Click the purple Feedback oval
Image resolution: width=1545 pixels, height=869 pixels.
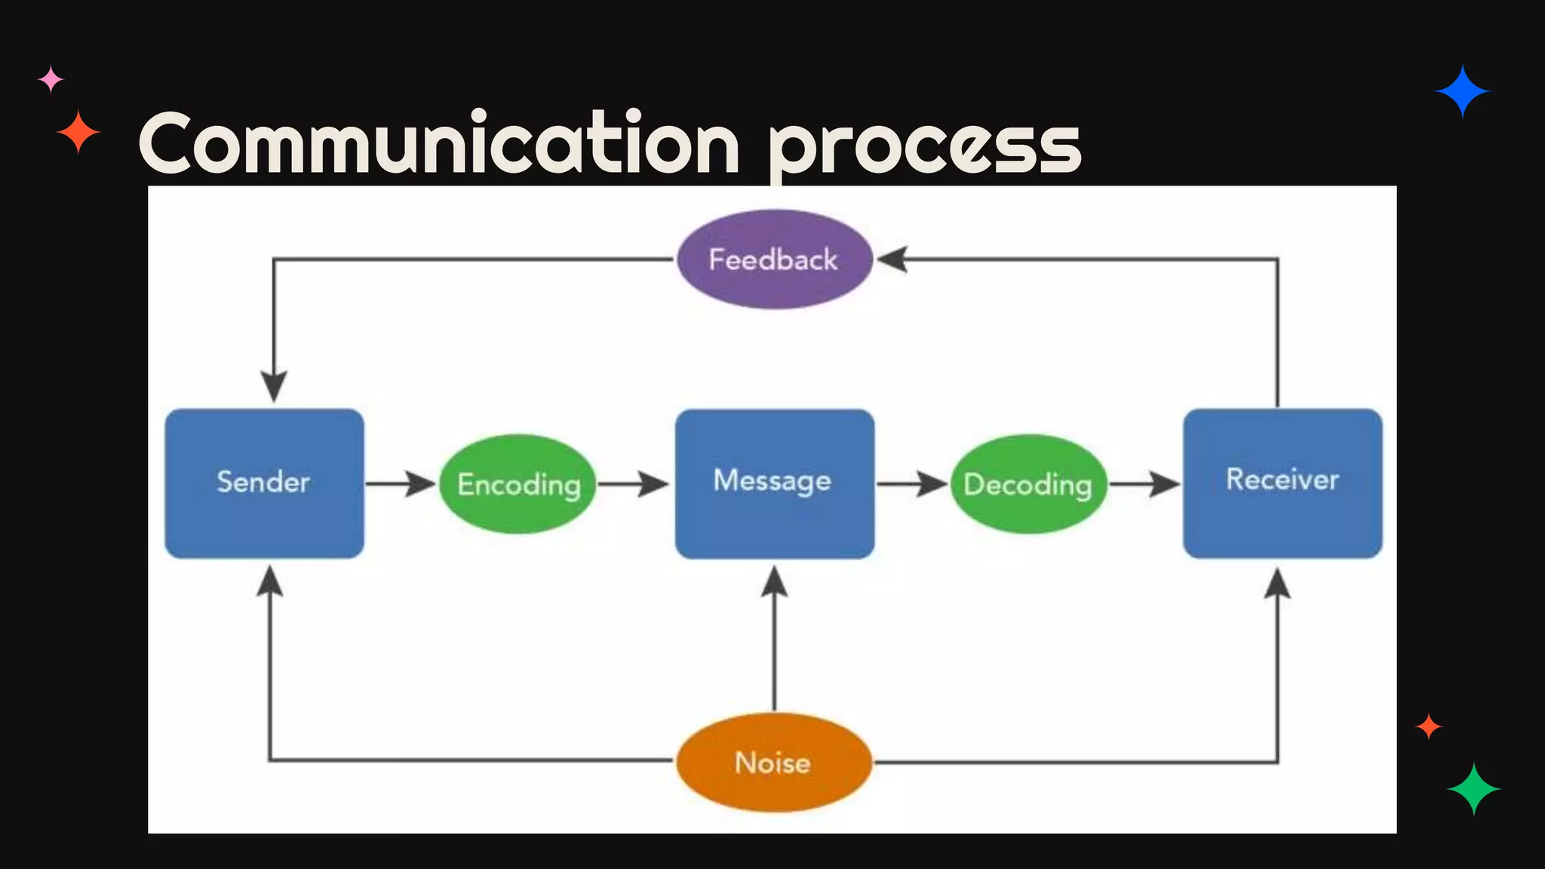[774, 259]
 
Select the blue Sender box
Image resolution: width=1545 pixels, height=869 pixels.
[264, 483]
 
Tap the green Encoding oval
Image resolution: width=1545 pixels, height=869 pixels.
[518, 484]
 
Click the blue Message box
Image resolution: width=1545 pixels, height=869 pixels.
[774, 483]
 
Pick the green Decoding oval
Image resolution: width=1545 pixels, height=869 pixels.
[1028, 484]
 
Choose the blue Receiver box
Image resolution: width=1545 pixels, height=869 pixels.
[1282, 483]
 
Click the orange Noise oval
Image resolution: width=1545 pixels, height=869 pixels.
[774, 762]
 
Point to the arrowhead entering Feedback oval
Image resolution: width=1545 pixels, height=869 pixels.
[892, 259]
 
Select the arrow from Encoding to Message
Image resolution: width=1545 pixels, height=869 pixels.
[632, 484]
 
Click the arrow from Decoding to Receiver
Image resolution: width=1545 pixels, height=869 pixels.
[1145, 484]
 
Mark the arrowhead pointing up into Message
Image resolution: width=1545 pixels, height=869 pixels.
[774, 582]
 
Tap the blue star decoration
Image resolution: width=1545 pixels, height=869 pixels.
[1462, 91]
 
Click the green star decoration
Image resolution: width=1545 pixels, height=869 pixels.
[1473, 789]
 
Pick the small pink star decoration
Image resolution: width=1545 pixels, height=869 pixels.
[51, 79]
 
